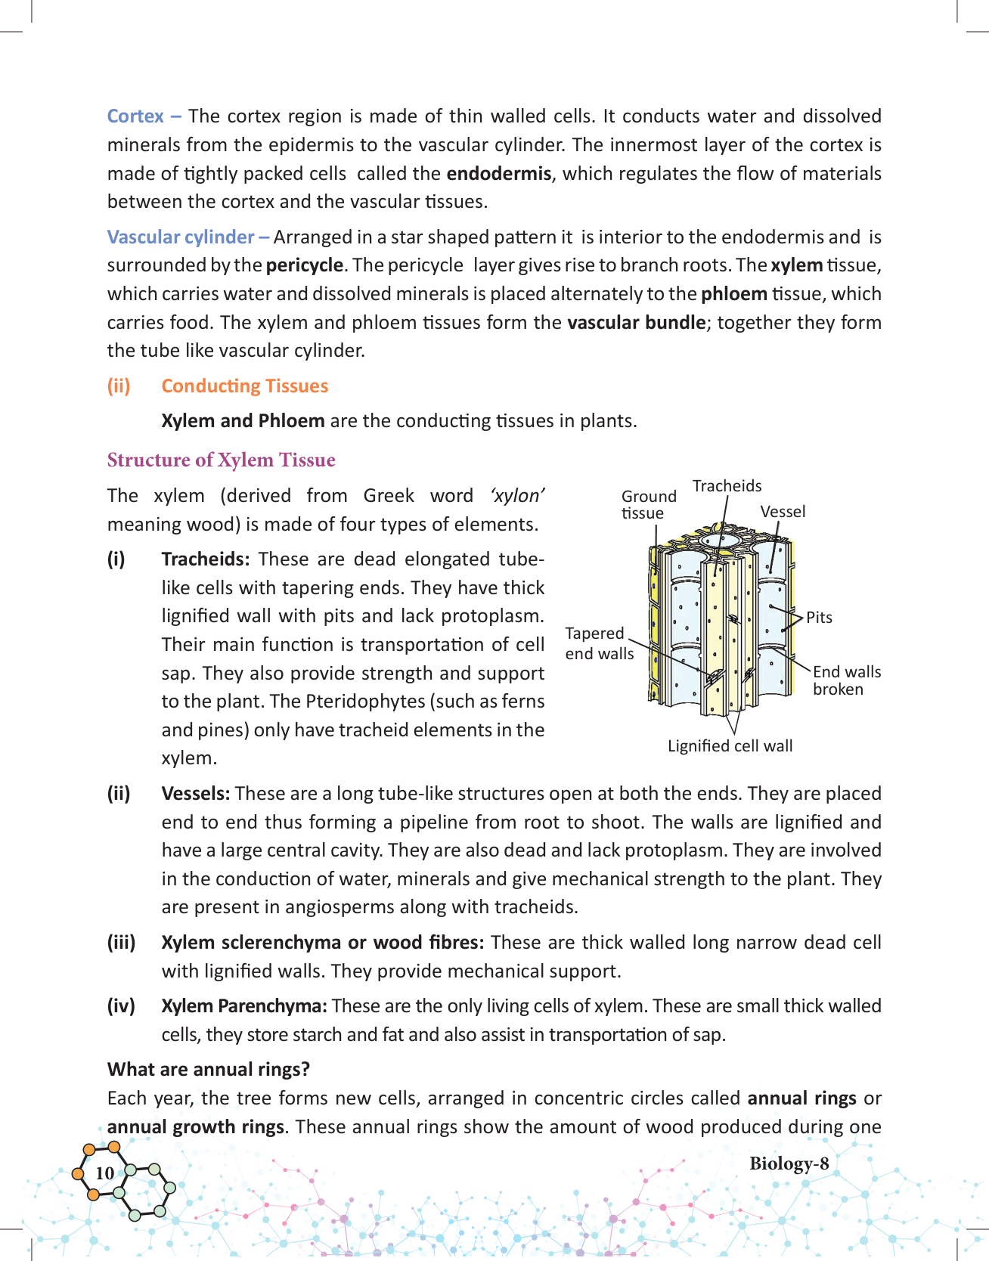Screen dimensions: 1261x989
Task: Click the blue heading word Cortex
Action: click(135, 116)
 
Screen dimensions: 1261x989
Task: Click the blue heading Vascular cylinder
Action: click(181, 237)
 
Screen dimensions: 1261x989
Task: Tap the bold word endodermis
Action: click(498, 174)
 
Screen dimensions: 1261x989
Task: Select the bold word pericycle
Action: click(305, 266)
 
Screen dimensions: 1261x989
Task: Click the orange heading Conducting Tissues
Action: click(244, 386)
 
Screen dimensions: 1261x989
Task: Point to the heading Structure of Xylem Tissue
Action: click(221, 460)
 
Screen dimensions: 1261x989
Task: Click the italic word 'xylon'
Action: click(517, 496)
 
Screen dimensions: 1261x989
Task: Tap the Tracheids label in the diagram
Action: click(727, 486)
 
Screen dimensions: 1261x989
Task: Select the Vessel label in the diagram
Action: click(783, 512)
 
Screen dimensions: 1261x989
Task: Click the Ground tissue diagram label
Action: click(648, 504)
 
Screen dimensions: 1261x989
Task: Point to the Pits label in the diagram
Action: click(819, 618)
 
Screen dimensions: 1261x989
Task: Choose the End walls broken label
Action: click(846, 680)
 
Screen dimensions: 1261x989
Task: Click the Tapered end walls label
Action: click(599, 643)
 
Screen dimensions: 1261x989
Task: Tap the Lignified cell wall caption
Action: click(730, 746)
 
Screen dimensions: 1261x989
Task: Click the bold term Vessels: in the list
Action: click(195, 794)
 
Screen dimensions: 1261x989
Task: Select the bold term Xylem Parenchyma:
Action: click(243, 1006)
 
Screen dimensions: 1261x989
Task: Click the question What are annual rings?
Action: click(209, 1070)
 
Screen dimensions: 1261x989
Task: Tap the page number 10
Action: click(104, 1173)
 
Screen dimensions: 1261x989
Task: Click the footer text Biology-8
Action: click(789, 1164)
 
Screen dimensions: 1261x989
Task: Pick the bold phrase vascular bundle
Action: click(636, 323)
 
